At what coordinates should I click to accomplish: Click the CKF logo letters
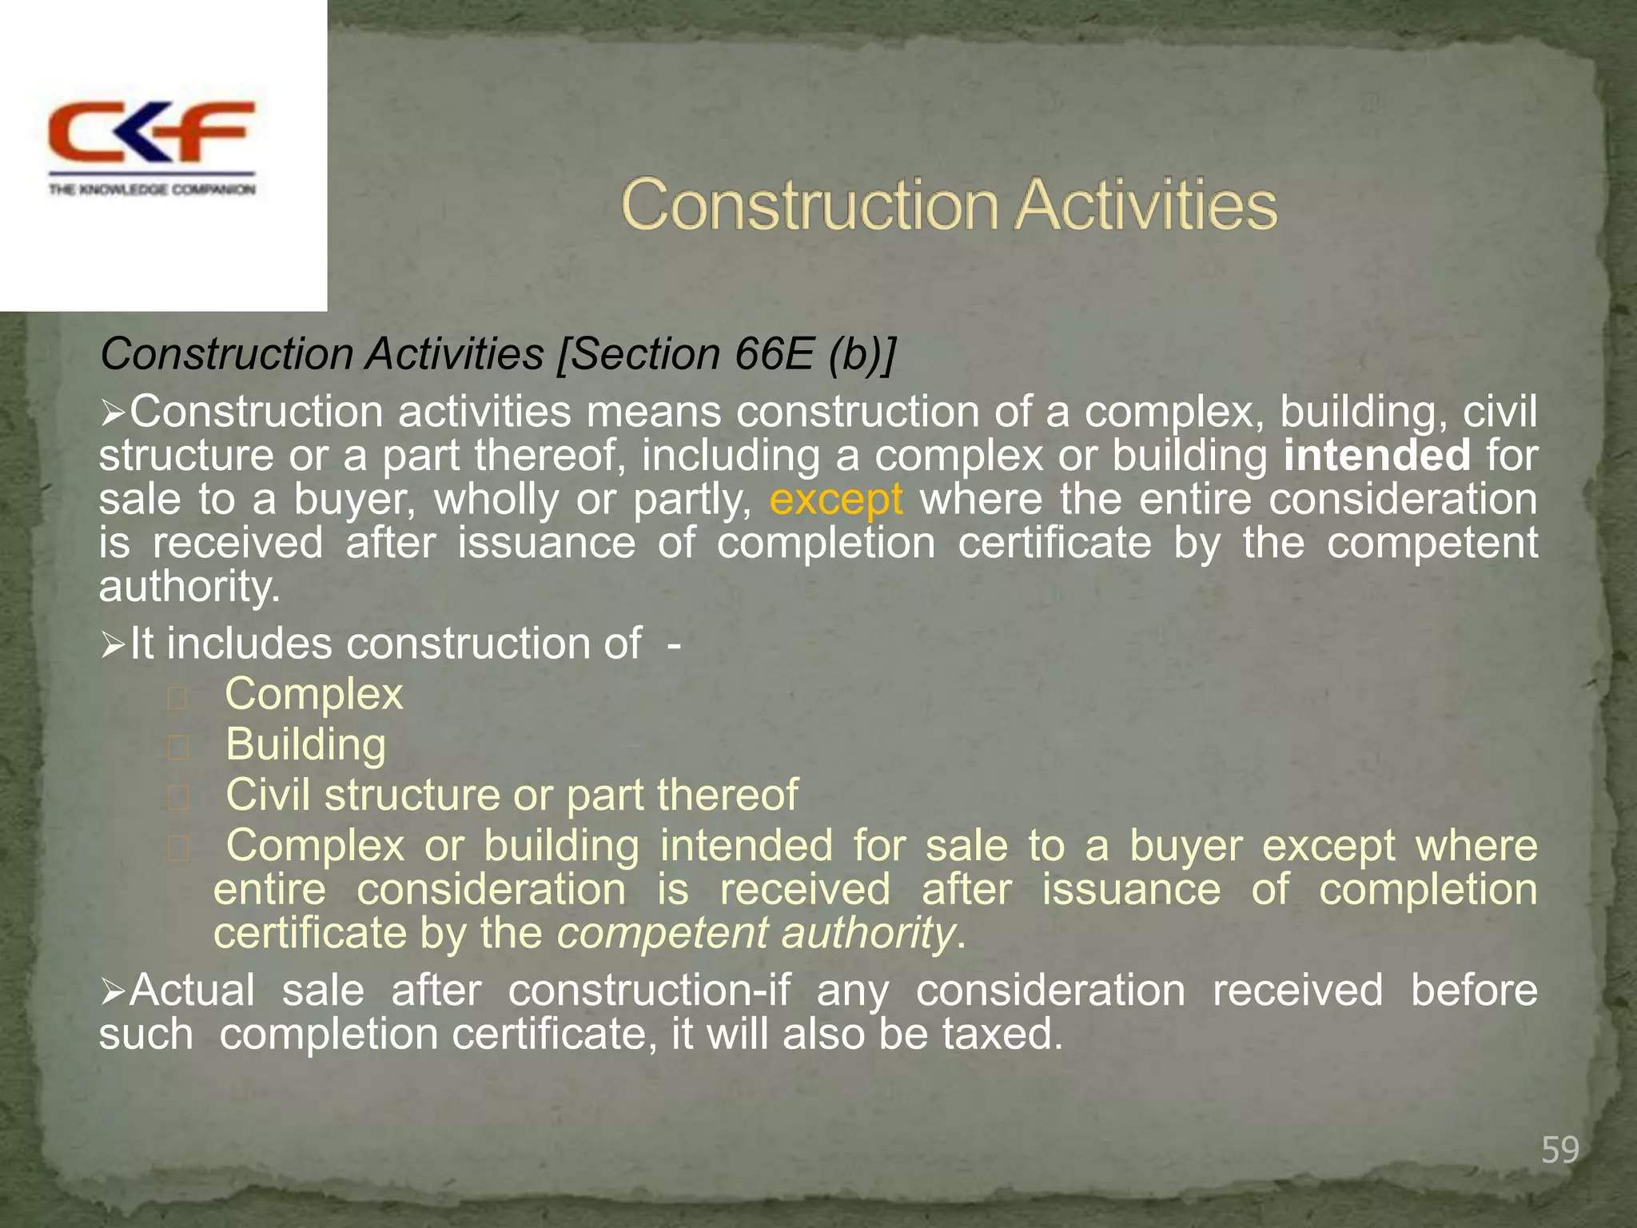click(152, 132)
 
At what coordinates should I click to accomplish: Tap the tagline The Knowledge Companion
click(152, 189)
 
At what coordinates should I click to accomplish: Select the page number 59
click(1559, 1150)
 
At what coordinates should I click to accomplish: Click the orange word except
click(835, 500)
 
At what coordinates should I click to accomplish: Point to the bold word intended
click(1376, 455)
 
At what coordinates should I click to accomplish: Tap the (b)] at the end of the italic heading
click(862, 354)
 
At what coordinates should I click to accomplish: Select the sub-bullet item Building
click(305, 744)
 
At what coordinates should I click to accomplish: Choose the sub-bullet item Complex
click(314, 694)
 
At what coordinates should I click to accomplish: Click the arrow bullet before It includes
click(113, 644)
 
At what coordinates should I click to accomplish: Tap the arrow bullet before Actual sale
click(113, 991)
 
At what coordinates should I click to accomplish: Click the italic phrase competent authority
click(755, 933)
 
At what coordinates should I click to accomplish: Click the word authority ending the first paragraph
click(189, 587)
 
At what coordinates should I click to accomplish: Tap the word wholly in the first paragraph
click(496, 500)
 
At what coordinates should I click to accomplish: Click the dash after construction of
click(674, 644)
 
